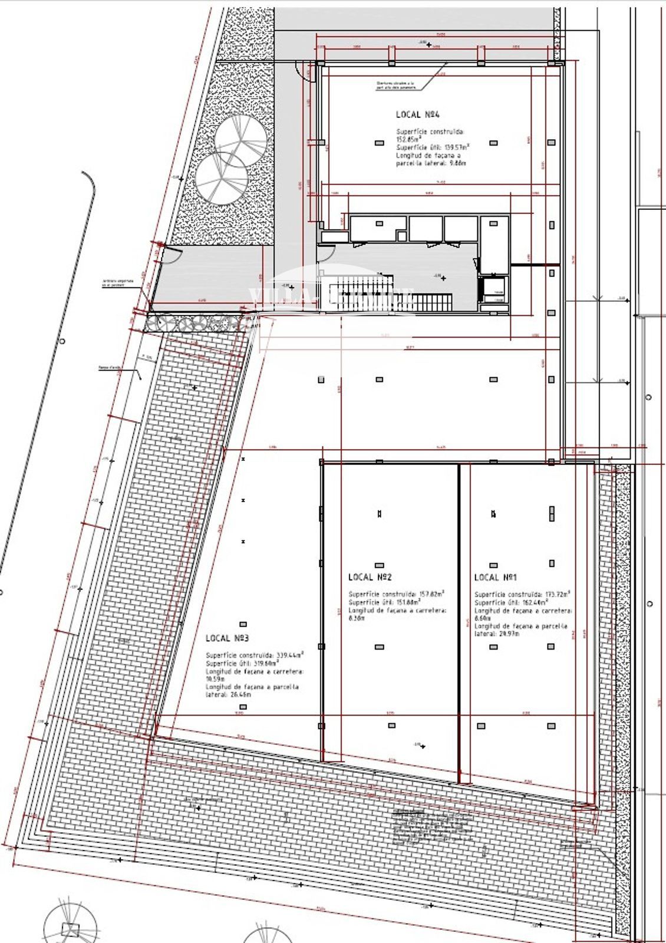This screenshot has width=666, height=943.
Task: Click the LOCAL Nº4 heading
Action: [418, 115]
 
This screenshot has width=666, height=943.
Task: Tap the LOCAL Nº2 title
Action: [370, 577]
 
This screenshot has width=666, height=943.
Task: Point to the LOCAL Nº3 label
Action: [227, 638]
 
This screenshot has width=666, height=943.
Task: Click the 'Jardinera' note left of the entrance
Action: [117, 283]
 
